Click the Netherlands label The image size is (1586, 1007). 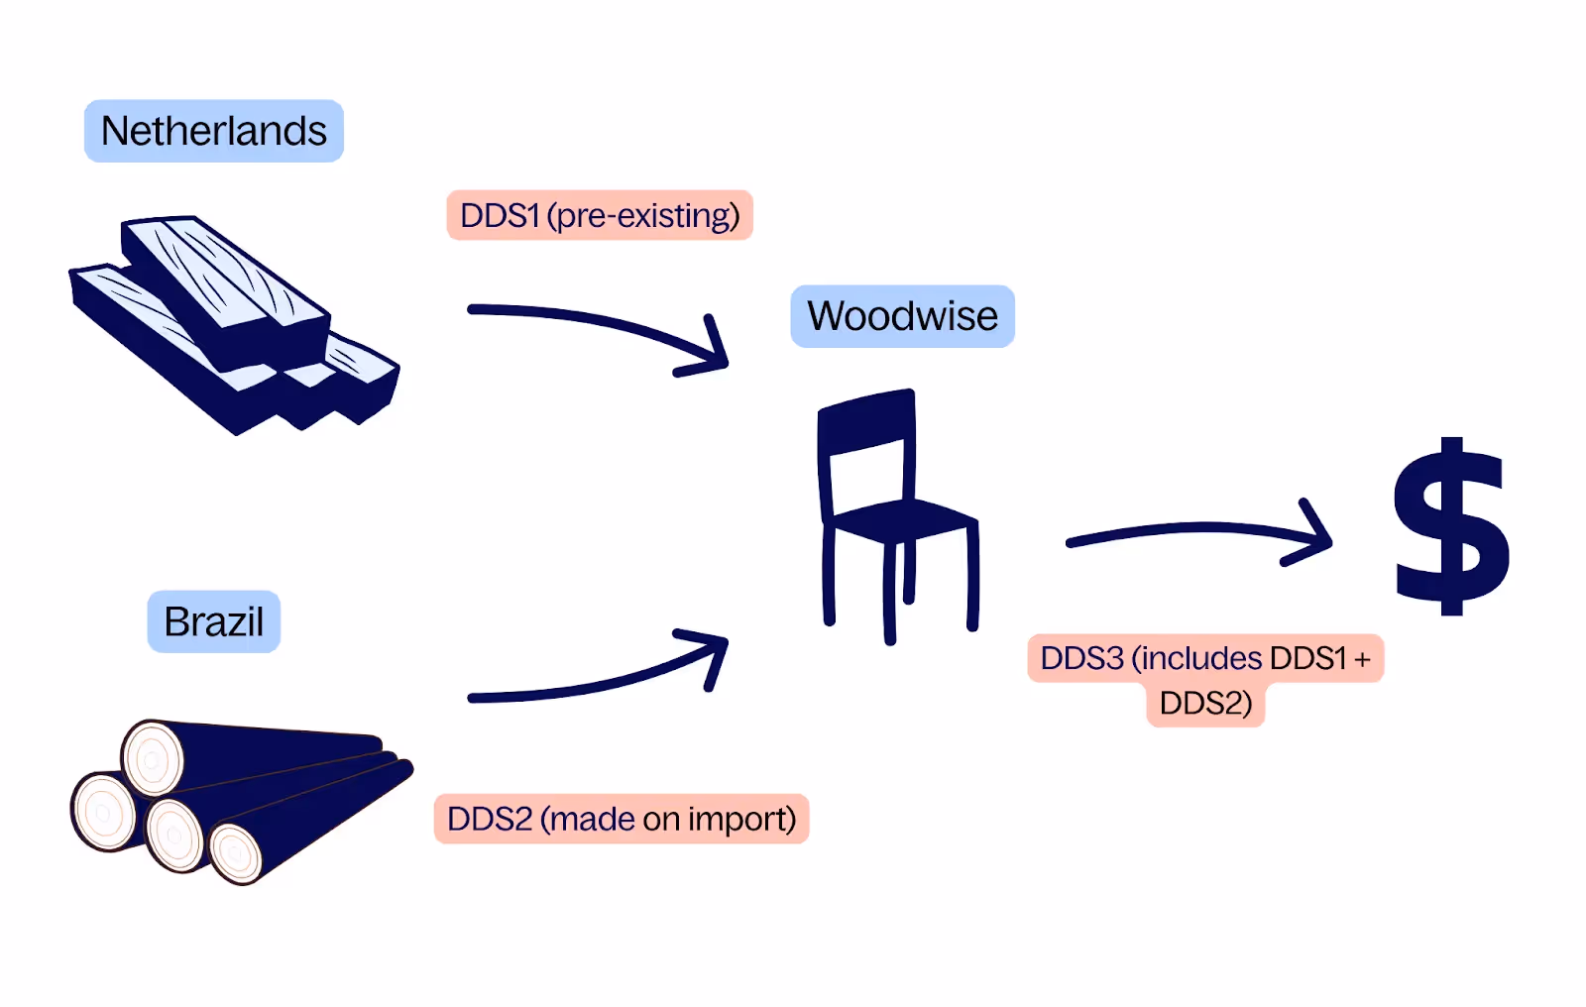click(214, 131)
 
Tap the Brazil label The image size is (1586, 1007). click(214, 622)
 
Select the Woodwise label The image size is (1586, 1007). click(902, 316)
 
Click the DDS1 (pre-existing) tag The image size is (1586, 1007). click(600, 215)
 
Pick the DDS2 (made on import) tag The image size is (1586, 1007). click(622, 819)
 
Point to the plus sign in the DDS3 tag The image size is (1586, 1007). click(1362, 658)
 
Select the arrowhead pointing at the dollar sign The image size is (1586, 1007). click(1313, 535)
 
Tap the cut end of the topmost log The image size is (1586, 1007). click(153, 759)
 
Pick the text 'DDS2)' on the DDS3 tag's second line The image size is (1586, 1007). click(1205, 703)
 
